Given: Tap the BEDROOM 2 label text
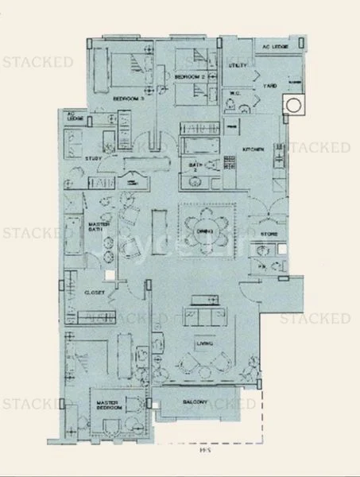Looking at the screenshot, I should (x=191, y=76).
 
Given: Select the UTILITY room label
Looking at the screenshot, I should (x=238, y=64).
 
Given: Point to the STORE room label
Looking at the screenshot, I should (x=269, y=235).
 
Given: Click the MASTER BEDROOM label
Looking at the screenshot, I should (x=108, y=407).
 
